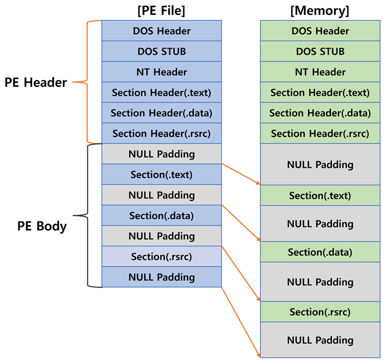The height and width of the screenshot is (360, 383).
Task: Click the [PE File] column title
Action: coord(162,10)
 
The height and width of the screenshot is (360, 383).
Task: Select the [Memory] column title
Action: coord(320,10)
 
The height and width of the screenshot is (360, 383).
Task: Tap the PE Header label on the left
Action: coord(36,82)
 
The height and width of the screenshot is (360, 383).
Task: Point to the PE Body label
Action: coord(42,226)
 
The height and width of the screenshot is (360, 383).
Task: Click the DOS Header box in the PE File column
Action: coord(162,31)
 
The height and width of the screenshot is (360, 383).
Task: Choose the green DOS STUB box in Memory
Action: coord(320,52)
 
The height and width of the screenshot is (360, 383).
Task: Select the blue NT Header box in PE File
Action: coord(162,72)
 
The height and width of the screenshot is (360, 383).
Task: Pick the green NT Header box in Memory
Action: coord(320,72)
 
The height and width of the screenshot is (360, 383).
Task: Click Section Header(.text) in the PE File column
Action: coord(162,93)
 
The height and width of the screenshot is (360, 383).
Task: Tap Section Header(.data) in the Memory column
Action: coord(320,113)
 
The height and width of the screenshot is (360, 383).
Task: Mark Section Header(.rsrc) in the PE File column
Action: coord(162,133)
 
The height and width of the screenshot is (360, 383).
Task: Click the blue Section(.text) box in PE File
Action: coord(162,174)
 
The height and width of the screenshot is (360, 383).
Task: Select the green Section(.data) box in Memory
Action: coord(320,252)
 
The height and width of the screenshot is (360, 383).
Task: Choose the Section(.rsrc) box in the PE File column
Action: coord(162,257)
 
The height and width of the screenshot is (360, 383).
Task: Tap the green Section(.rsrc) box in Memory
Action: coord(320,312)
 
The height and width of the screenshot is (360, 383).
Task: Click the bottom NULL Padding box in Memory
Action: coord(320,340)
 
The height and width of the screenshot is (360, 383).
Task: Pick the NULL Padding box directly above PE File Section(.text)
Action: coord(162,154)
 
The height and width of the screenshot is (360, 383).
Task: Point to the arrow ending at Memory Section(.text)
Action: coord(241,174)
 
